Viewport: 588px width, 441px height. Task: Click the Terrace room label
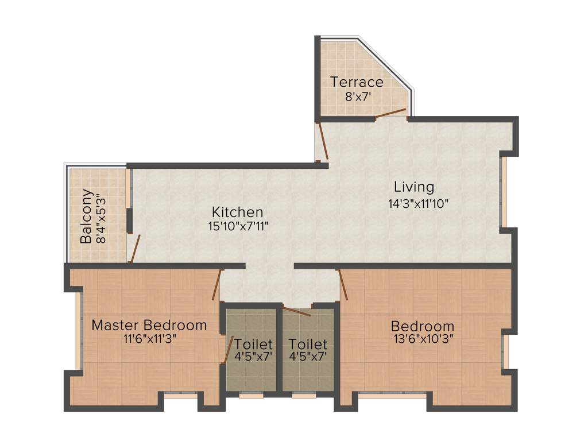(x=357, y=82)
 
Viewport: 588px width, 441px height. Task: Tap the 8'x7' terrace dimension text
(x=357, y=97)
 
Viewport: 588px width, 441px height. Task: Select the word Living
(x=413, y=187)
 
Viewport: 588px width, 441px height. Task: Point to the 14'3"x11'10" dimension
(x=417, y=203)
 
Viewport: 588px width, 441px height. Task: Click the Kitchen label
(x=237, y=212)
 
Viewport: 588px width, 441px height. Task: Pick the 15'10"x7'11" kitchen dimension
(x=238, y=226)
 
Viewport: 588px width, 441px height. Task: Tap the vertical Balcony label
(x=86, y=216)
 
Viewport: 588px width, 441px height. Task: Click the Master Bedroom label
(x=149, y=326)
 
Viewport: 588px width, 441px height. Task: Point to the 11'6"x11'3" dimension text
(x=149, y=339)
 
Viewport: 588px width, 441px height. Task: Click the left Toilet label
(x=253, y=345)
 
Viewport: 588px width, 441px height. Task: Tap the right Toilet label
(x=308, y=345)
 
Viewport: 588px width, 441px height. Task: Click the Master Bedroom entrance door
(x=216, y=285)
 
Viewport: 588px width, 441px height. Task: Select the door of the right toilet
(x=297, y=312)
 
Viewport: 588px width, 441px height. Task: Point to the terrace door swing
(x=390, y=113)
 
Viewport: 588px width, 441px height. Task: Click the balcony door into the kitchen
(x=134, y=249)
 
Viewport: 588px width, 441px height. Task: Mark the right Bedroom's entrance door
(x=343, y=285)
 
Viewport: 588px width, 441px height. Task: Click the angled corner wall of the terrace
(x=385, y=63)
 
